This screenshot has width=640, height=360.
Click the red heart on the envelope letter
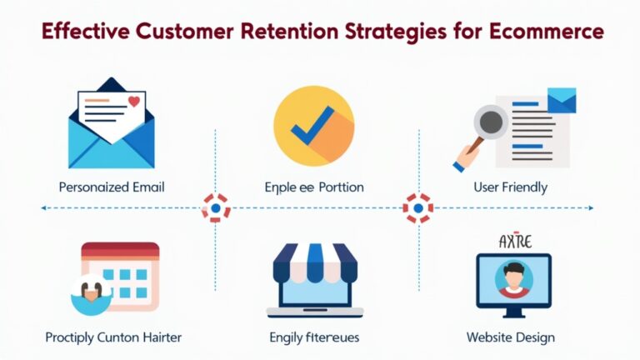tap(133, 101)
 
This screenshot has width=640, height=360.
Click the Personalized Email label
tap(112, 187)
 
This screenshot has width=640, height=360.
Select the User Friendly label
tap(510, 187)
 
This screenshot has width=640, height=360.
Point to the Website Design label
tap(511, 337)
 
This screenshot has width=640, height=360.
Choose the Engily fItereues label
tap(315, 337)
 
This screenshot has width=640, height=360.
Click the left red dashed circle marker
tap(216, 207)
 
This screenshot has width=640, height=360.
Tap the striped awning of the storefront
tap(315, 257)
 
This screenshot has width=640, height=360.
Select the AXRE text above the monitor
tap(514, 241)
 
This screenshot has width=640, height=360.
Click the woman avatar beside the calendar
tap(91, 294)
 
